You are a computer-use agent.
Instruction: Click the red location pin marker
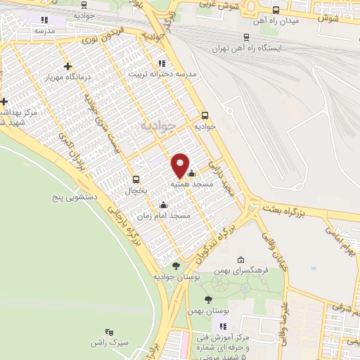coord(181,165)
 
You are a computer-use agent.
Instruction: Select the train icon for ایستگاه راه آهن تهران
coord(245,37)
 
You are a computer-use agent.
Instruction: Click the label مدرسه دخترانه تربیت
coord(162,73)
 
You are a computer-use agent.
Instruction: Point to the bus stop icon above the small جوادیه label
coord(205,115)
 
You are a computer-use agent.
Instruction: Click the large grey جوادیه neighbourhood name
coord(155,127)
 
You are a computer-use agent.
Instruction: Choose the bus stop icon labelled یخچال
coord(136,179)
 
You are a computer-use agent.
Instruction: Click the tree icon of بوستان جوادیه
coord(175,265)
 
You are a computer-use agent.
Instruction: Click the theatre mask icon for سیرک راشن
coord(108,330)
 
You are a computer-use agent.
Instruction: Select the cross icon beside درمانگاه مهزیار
coord(67,67)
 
